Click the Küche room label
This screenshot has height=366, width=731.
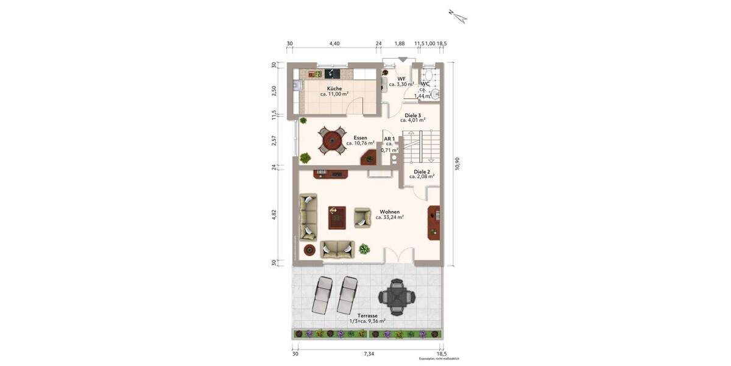334,88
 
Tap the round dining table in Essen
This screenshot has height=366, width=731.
331,141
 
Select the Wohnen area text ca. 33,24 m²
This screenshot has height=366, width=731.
390,217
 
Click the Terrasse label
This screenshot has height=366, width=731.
367,316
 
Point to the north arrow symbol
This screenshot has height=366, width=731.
457,16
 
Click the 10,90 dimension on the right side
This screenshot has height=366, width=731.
457,164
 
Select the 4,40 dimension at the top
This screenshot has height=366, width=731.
334,43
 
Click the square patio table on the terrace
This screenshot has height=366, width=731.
397,297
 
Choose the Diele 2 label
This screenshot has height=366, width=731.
422,172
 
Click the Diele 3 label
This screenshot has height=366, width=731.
413,115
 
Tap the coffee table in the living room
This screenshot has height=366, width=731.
337,217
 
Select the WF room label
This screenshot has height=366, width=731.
401,79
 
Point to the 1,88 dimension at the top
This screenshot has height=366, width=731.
400,43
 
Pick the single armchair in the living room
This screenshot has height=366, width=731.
362,217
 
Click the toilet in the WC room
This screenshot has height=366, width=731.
427,85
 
